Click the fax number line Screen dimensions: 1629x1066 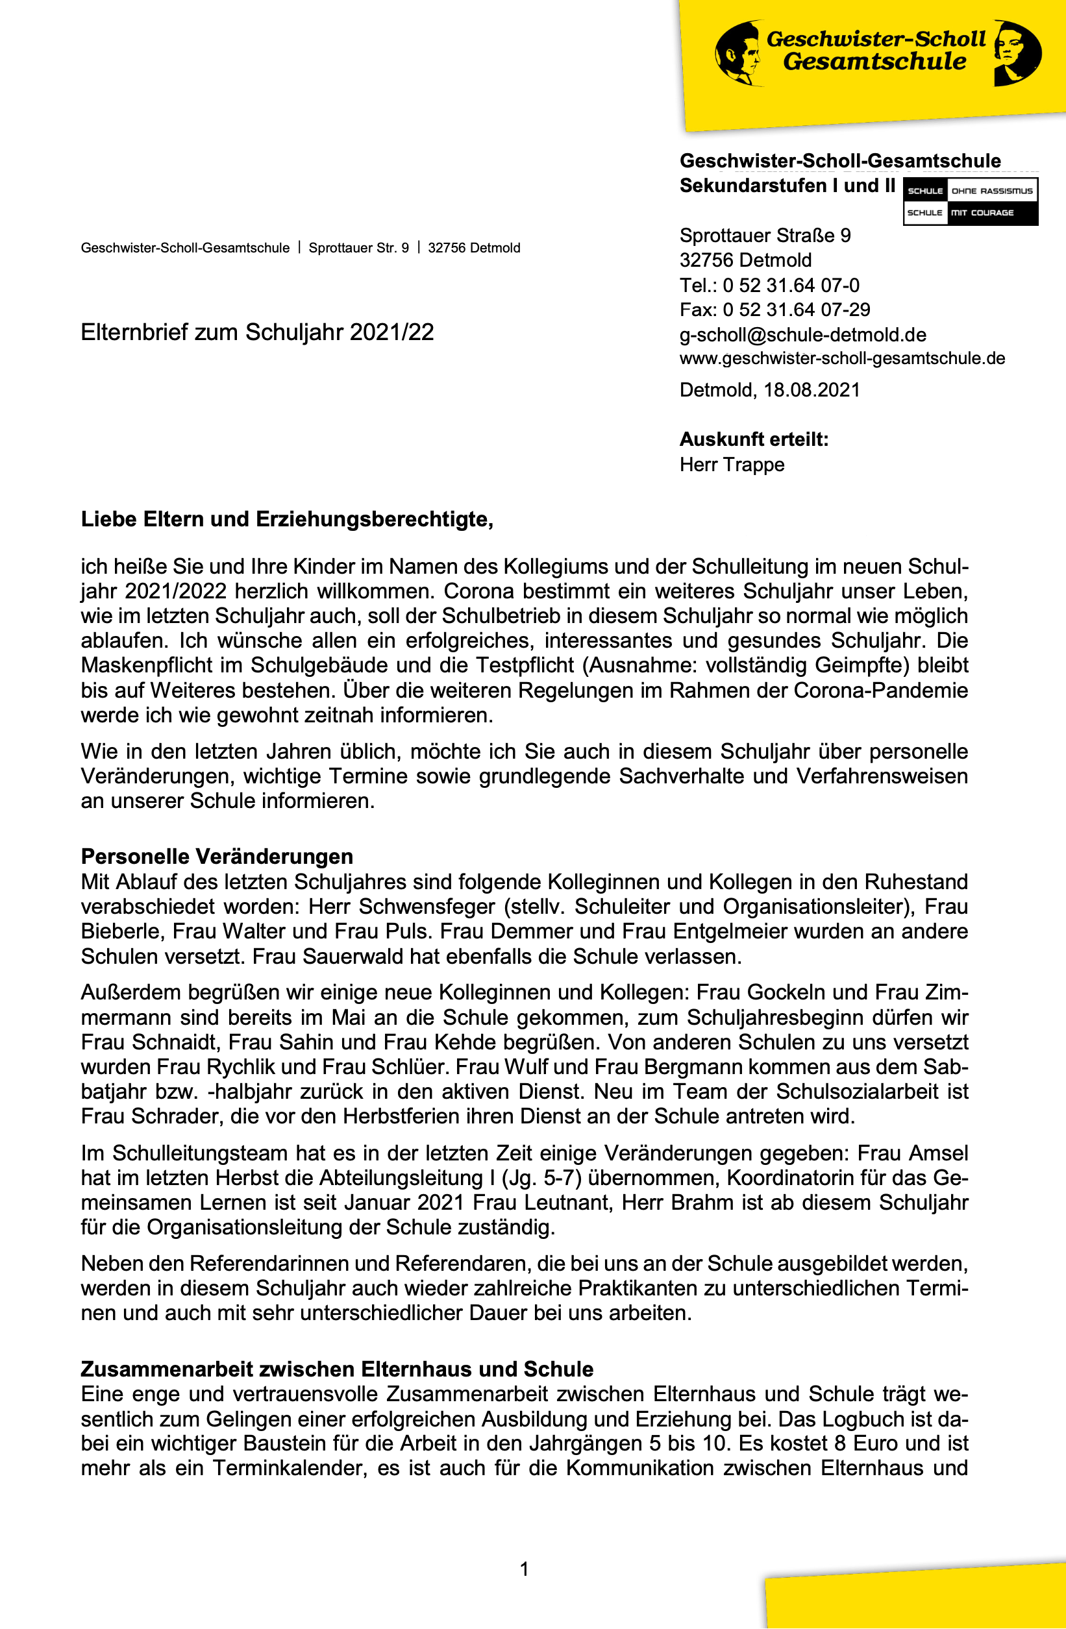775,310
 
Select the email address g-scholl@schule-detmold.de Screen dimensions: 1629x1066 802,335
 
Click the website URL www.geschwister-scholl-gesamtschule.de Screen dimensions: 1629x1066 841,358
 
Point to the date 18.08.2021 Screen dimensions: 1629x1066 812,390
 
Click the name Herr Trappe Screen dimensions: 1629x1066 731,465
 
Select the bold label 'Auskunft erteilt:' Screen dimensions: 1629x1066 753,439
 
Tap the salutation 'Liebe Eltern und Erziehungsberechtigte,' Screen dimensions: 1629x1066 287,519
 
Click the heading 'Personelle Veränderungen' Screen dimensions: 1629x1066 217,857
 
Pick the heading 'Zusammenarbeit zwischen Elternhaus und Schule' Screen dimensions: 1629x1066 337,1369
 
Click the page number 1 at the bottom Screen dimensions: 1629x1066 525,1569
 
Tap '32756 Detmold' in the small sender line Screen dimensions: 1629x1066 474,249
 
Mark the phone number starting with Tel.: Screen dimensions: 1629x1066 769,286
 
